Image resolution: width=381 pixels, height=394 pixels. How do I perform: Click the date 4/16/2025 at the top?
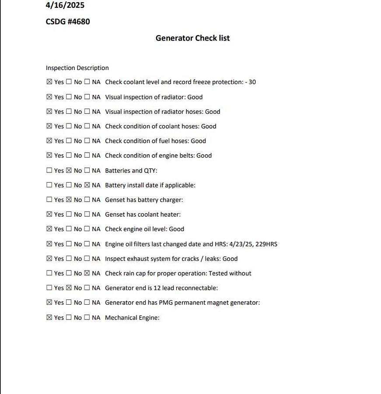(65, 6)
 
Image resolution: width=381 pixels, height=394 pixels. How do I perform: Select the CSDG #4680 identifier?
(68, 21)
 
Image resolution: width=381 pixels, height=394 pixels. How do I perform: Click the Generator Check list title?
(192, 38)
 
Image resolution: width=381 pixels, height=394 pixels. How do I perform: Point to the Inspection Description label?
(77, 68)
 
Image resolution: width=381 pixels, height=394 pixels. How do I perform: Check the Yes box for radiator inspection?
(49, 97)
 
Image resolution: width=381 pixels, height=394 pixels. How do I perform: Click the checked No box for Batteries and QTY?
(69, 170)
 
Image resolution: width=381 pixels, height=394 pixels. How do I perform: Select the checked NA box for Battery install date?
(87, 185)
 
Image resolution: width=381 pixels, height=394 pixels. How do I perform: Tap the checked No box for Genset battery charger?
(69, 200)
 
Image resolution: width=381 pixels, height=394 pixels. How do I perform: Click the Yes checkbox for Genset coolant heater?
(49, 214)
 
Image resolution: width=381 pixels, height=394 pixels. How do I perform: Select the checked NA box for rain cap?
(87, 273)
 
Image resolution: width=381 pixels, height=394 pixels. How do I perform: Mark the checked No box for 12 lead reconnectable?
(69, 288)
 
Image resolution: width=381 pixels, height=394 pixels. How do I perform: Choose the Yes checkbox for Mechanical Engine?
(49, 317)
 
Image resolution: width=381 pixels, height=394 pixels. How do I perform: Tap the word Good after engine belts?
(204, 155)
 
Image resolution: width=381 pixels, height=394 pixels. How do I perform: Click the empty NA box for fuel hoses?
(87, 141)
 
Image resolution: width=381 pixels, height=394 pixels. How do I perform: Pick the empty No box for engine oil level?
(69, 229)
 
